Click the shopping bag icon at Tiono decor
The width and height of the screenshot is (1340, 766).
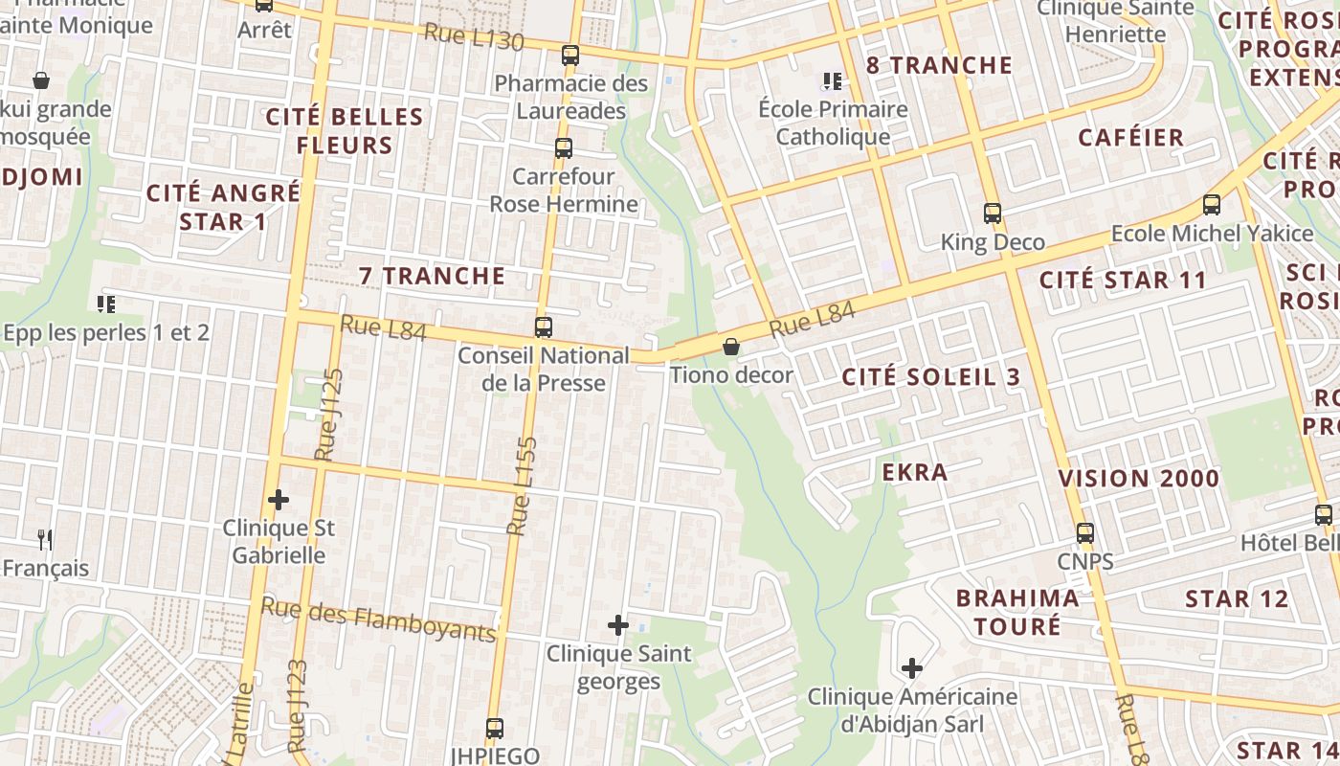(x=731, y=347)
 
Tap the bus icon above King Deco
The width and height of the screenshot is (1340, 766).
(x=993, y=214)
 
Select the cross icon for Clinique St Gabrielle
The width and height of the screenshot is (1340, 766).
(x=279, y=500)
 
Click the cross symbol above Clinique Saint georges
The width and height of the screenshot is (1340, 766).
(x=618, y=626)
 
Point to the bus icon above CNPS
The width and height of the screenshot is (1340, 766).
(x=1084, y=533)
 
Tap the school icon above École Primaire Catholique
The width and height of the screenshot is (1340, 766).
(x=833, y=82)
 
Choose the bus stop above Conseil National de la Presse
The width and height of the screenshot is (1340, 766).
(x=544, y=327)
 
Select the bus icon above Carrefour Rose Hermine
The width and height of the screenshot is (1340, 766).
(x=564, y=148)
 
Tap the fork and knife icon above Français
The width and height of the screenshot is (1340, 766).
(x=45, y=540)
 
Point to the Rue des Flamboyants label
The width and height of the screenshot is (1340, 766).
(x=379, y=619)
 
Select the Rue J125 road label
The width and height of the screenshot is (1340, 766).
(x=328, y=414)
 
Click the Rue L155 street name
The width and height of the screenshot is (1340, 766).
(x=523, y=486)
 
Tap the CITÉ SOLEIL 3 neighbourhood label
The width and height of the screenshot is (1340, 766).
(x=931, y=377)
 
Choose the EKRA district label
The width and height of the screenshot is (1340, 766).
(x=915, y=472)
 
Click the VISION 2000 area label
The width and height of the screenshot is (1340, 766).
(x=1139, y=479)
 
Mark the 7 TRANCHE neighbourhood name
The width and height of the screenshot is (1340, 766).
(x=432, y=276)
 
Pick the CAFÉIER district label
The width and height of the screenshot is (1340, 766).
(x=1131, y=137)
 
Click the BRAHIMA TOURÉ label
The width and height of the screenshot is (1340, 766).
(x=1017, y=612)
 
